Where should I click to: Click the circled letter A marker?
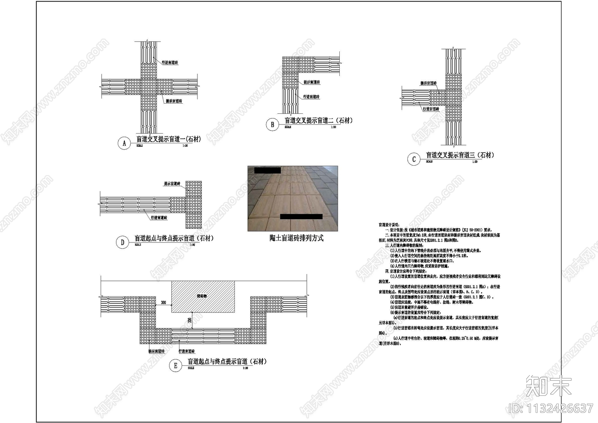pos(124,143)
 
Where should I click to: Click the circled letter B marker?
pos(272,125)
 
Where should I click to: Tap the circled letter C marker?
pos(413,159)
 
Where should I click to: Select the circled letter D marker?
pos(122,242)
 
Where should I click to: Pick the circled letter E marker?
pos(175,366)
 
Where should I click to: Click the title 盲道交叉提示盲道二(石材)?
pos(318,120)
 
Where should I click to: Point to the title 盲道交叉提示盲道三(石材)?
pos(460,155)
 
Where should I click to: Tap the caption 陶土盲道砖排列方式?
pos(296,238)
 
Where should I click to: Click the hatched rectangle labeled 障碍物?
pos(203,297)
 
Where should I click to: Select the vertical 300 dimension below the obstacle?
pos(189,320)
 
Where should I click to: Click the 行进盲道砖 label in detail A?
pos(170,62)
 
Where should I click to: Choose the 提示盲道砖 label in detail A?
pos(174,101)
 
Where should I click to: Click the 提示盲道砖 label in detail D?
pos(172,184)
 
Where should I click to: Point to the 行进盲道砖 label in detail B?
pos(311,96)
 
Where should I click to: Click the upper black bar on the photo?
pos(267,170)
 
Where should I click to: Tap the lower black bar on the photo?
pos(301,217)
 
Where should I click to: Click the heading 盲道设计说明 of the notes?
pos(389,225)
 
